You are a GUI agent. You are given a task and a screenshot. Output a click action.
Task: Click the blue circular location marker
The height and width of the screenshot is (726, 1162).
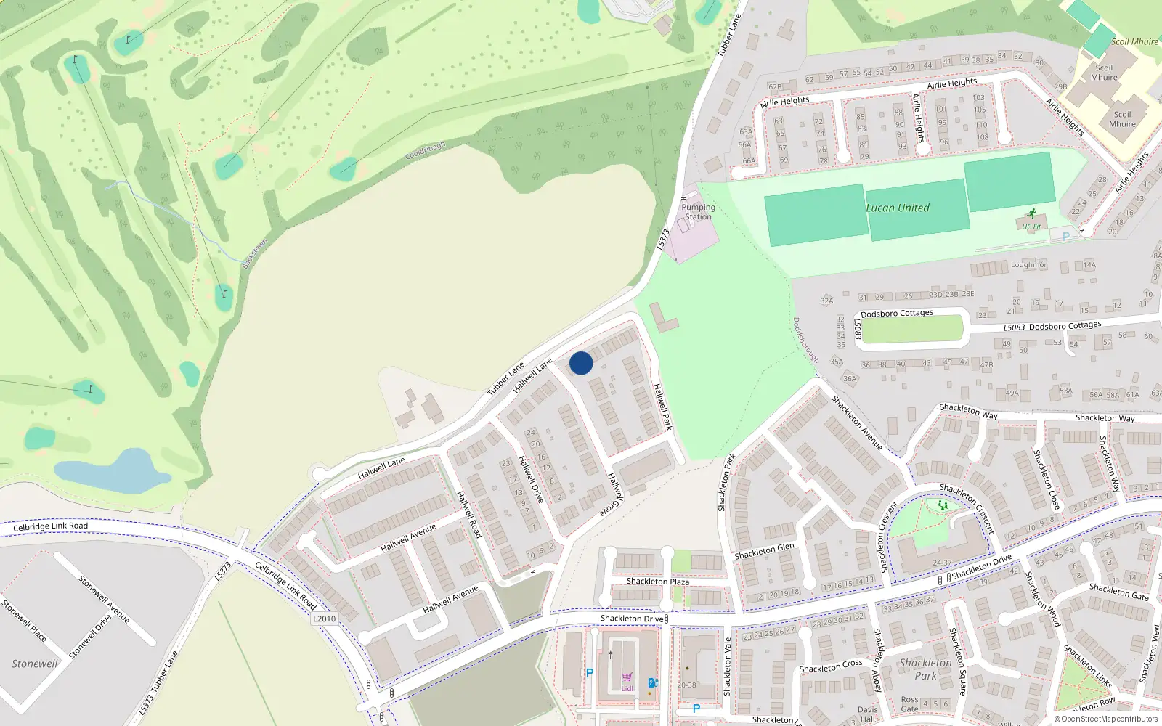coord(581,363)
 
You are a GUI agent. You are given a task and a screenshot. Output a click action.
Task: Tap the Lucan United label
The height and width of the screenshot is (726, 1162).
coord(898,208)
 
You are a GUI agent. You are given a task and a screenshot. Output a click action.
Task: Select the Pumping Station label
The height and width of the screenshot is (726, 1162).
coord(698,212)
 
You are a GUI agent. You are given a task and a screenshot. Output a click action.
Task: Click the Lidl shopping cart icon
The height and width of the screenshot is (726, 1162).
coord(627,677)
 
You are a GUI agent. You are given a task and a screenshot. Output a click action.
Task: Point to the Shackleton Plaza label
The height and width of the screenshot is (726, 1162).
coord(657,582)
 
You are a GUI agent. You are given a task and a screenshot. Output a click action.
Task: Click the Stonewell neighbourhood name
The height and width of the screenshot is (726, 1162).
coord(34,664)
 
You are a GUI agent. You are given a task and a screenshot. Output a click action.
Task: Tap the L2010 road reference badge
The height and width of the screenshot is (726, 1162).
coord(325,619)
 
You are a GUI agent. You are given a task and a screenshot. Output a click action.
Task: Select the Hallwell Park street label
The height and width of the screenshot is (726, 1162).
coord(662,407)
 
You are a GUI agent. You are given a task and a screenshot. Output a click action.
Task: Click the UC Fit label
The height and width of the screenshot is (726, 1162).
coord(1031,227)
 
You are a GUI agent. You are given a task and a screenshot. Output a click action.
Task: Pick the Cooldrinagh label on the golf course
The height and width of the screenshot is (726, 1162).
coord(425,151)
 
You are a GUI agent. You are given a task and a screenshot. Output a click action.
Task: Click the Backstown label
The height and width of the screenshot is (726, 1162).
coord(254,254)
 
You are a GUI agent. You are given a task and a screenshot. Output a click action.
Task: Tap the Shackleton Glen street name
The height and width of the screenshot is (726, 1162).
coord(764,551)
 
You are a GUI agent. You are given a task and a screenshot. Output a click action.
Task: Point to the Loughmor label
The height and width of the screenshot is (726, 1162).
coord(1028,265)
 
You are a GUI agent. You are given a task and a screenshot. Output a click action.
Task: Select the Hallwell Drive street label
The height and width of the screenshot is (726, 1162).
coord(531,479)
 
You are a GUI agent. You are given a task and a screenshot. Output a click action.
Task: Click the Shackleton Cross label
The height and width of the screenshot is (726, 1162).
coord(831,666)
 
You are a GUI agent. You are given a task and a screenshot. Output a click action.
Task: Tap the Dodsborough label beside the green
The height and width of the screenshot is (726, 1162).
coord(805,340)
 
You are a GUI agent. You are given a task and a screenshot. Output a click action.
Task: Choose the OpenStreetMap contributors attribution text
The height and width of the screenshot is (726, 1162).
coord(1109,719)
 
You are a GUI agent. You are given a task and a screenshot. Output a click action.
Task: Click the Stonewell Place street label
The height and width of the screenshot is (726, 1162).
coord(23,621)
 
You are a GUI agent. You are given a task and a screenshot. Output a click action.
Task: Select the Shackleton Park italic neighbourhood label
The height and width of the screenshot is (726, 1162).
coord(925,669)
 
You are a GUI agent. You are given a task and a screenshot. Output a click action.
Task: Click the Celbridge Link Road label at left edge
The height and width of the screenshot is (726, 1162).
coord(50,526)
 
